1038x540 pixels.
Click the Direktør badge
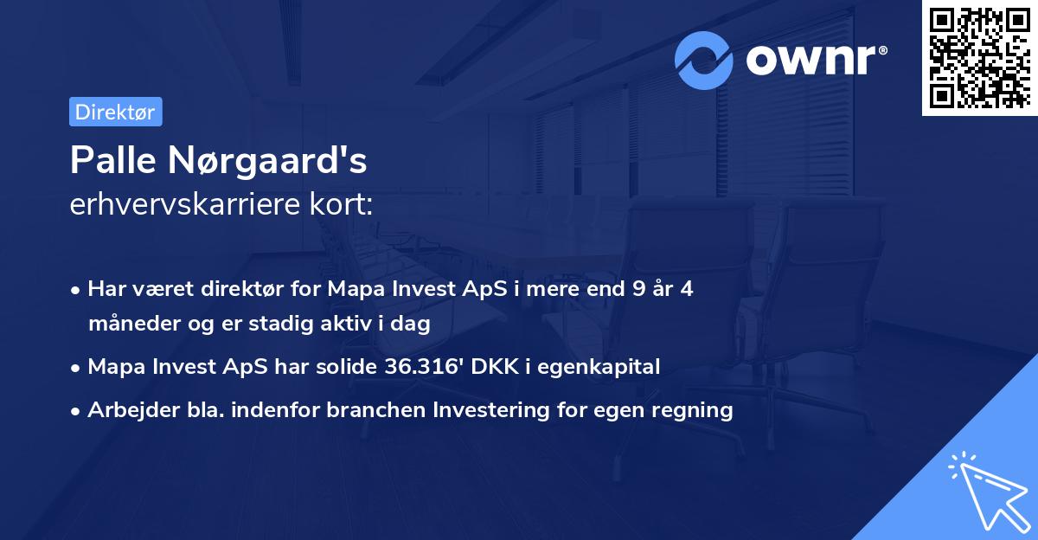point(115,112)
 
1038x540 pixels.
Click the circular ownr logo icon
point(704,60)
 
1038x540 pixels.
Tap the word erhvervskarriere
point(189,205)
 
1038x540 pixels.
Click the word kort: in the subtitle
point(344,205)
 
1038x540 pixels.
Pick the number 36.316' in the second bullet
point(418,367)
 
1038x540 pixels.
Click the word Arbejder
point(125,410)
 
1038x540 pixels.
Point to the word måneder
point(127,325)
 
